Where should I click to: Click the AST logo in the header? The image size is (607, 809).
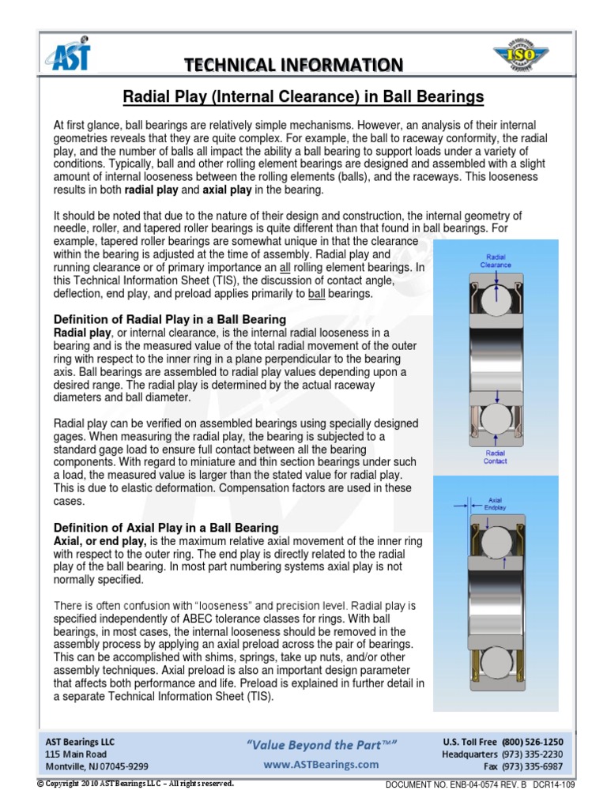(x=69, y=57)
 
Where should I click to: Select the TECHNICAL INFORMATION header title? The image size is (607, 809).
(x=293, y=64)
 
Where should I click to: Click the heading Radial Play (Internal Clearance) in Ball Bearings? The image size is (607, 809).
(x=303, y=97)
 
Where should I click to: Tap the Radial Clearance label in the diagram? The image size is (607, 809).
(x=496, y=261)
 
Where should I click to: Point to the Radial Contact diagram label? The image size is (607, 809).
(x=496, y=457)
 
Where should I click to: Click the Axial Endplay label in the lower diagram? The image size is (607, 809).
(x=496, y=503)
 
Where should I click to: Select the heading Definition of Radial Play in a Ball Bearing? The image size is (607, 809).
(x=169, y=318)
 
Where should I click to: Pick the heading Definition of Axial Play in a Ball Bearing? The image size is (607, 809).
(x=165, y=527)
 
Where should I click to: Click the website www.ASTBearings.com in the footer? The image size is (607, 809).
(x=321, y=765)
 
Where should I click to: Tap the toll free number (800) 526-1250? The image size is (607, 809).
(x=532, y=742)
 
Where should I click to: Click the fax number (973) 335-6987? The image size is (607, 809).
(x=532, y=766)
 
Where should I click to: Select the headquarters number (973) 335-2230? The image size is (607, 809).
(x=532, y=754)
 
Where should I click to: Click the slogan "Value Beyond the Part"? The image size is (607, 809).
(x=321, y=745)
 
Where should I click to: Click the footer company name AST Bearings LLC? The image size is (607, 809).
(x=81, y=742)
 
